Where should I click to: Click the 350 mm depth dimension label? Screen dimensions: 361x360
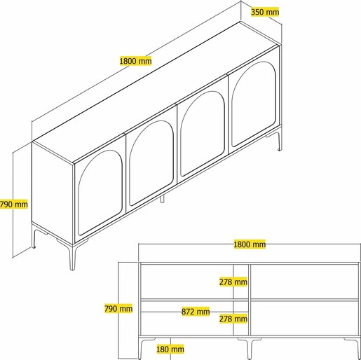coord(265,12)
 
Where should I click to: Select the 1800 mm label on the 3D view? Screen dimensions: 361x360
coord(135,61)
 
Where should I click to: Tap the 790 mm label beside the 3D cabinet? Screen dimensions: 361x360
coord(14,205)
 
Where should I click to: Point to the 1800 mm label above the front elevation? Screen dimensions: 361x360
coord(250,244)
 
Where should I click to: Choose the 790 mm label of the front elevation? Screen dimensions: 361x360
coord(118,309)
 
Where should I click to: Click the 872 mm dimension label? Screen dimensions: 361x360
coord(196,312)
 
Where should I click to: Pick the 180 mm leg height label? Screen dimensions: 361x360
coord(170,349)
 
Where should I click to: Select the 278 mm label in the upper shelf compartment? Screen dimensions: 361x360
coord(233,282)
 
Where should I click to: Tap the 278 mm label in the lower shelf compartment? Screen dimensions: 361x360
coord(233,319)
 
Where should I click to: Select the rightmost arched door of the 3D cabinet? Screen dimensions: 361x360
coord(254,104)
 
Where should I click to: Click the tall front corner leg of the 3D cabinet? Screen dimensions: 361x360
coord(72,256)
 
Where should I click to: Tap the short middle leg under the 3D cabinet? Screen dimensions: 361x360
coord(162,199)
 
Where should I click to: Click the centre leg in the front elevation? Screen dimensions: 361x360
coord(249,348)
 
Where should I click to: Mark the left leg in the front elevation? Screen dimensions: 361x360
coord(141,347)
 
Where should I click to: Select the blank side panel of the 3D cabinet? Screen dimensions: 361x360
coord(53,191)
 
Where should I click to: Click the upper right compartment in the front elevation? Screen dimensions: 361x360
coord(304,282)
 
